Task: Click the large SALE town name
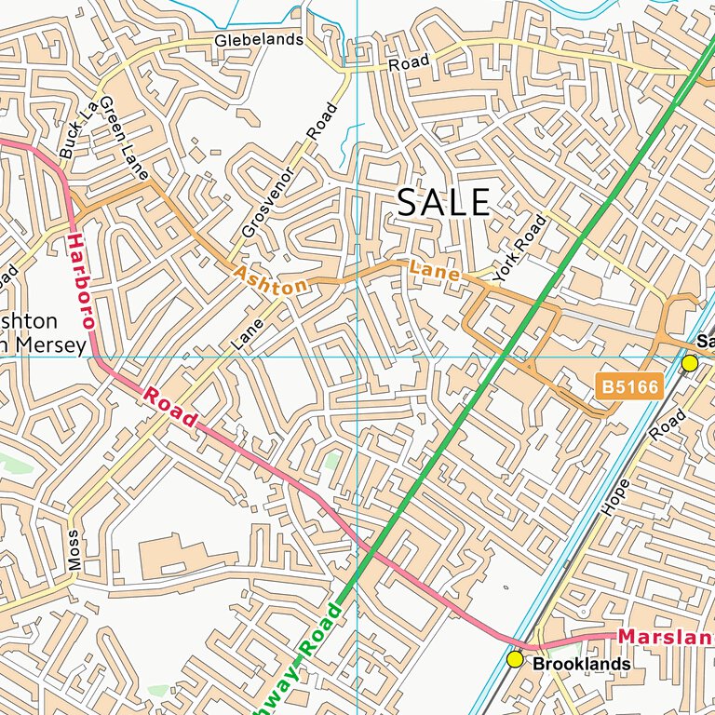pyautogui.click(x=443, y=203)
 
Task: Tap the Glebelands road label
pyautogui.click(x=259, y=40)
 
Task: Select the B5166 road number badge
pyautogui.click(x=629, y=385)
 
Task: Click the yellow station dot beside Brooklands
pyautogui.click(x=515, y=659)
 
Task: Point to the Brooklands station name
pyautogui.click(x=582, y=665)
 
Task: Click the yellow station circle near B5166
pyautogui.click(x=690, y=363)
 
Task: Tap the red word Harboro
pyautogui.click(x=80, y=280)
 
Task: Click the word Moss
pyautogui.click(x=74, y=550)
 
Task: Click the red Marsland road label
pyautogui.click(x=666, y=637)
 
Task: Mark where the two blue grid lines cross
pyautogui.click(x=357, y=356)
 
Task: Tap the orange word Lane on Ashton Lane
pyautogui.click(x=434, y=271)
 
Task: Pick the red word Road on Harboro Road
pyautogui.click(x=169, y=407)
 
